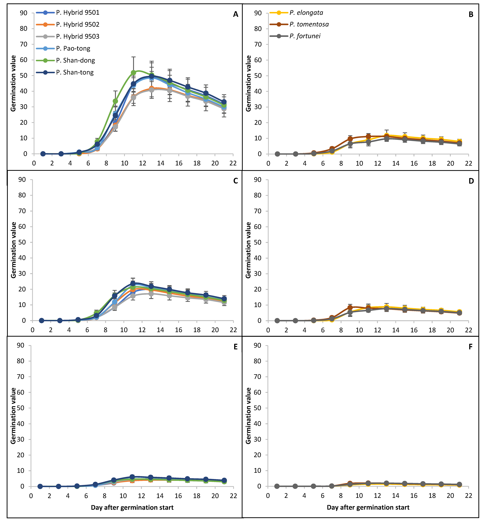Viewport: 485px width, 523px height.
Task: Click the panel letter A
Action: (236, 14)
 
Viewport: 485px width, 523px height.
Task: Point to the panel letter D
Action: (471, 181)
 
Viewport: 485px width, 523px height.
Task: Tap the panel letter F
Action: (471, 347)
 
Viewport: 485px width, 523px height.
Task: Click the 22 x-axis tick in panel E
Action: (233, 496)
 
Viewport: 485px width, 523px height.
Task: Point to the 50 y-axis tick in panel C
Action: (22, 242)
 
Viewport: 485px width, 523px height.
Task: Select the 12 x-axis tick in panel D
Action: (377, 330)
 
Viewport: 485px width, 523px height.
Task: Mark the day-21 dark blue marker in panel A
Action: (224, 102)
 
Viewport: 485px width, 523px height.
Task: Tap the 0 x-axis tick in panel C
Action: (33, 330)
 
